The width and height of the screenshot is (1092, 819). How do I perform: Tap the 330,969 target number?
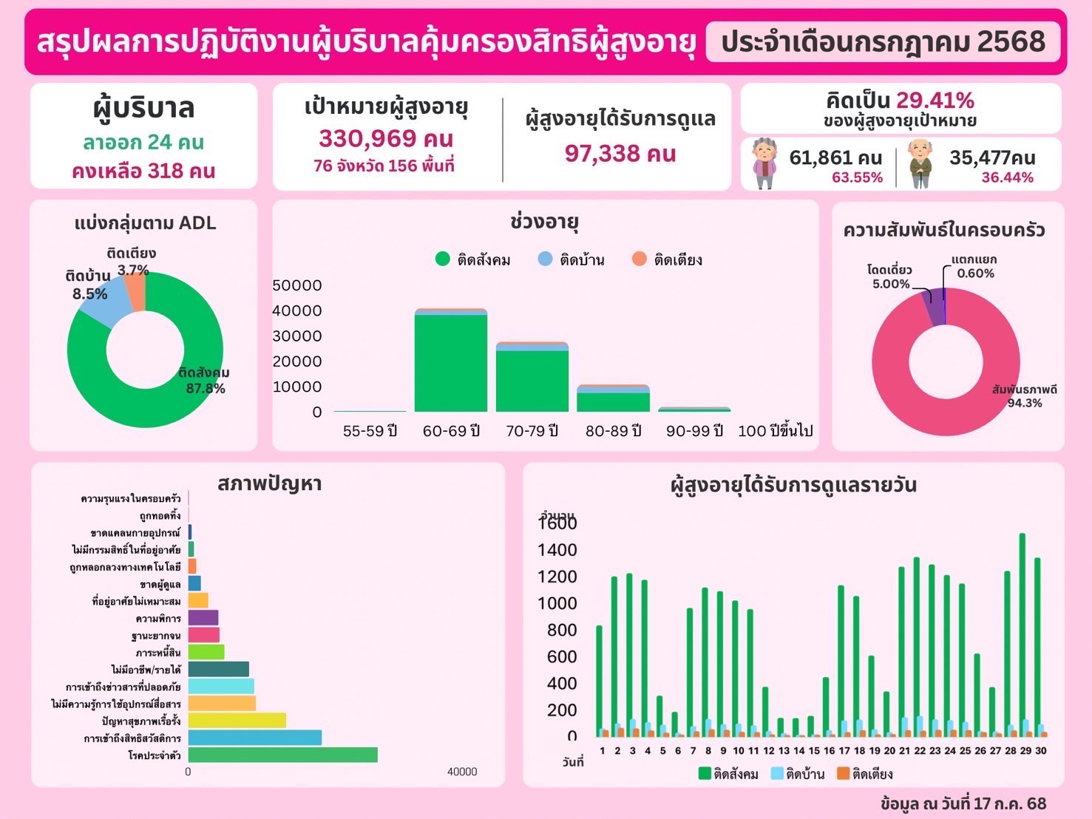tap(386, 138)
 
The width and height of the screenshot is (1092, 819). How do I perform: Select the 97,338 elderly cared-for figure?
tap(620, 154)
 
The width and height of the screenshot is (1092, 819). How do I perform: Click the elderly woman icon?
tap(764, 163)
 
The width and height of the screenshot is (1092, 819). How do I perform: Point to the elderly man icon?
tap(920, 163)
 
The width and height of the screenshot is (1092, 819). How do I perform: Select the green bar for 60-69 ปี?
tap(450, 362)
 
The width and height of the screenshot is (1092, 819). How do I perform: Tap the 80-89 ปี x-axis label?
tap(613, 431)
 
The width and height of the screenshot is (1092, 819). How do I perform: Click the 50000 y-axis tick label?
tap(297, 285)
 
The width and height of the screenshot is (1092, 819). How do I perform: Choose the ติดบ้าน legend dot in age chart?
tap(545, 259)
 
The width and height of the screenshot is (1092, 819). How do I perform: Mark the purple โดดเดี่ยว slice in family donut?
tap(935, 307)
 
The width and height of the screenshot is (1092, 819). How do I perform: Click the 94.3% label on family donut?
tap(1025, 403)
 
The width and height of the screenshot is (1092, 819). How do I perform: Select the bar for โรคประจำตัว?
tap(282, 755)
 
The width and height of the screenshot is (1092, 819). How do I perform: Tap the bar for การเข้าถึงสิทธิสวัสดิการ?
tap(254, 738)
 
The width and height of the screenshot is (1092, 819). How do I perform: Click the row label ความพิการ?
tap(158, 619)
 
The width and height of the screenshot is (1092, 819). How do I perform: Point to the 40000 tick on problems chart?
tap(462, 772)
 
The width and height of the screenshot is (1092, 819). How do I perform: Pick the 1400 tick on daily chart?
tap(557, 550)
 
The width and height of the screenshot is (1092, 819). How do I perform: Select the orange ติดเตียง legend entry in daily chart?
tap(865, 774)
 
